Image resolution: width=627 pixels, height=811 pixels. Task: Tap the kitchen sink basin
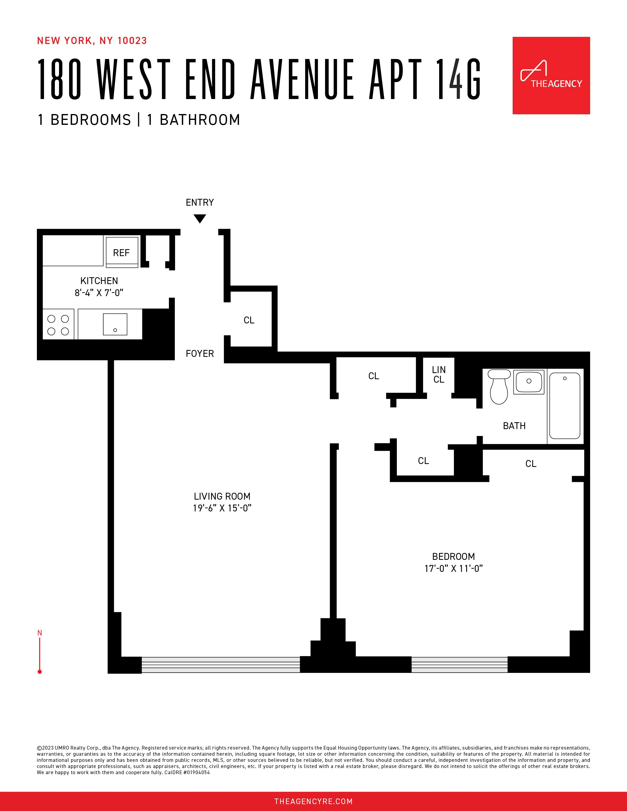(x=115, y=324)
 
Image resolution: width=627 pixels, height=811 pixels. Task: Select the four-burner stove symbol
(x=58, y=325)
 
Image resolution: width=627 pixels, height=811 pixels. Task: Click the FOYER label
(x=200, y=353)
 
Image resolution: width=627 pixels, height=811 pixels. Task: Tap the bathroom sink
(x=529, y=381)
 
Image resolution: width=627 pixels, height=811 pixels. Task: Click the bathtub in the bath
(x=565, y=406)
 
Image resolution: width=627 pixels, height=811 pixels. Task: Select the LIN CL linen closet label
(x=439, y=374)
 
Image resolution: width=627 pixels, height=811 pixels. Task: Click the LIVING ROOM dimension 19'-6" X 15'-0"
(x=222, y=508)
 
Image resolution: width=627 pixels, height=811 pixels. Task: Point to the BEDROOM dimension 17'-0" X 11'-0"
(x=454, y=568)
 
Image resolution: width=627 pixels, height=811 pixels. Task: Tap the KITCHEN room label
(x=99, y=281)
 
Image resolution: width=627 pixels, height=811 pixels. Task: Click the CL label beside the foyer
(x=249, y=320)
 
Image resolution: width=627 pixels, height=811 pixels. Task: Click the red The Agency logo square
(x=551, y=75)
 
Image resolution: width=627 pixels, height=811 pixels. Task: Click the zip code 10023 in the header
(x=132, y=41)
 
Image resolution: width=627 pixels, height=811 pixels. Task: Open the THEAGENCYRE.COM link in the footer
(x=313, y=801)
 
